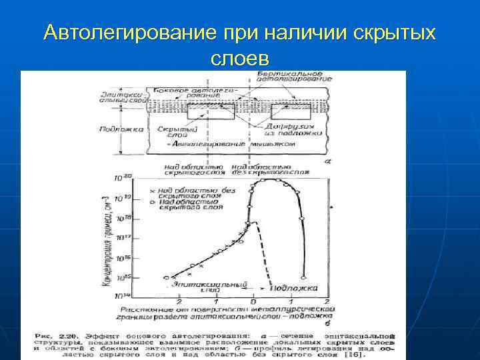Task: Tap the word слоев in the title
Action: click(239, 58)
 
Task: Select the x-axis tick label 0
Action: click(253, 302)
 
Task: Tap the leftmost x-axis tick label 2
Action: click(178, 302)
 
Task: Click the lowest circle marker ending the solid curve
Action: click(304, 277)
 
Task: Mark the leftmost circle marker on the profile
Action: click(167, 277)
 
